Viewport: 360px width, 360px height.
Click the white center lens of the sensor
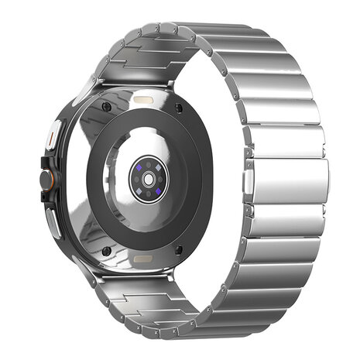click(x=145, y=178)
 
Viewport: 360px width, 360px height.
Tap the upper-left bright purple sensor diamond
click(x=137, y=168)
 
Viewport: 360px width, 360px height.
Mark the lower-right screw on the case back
click(x=180, y=249)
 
